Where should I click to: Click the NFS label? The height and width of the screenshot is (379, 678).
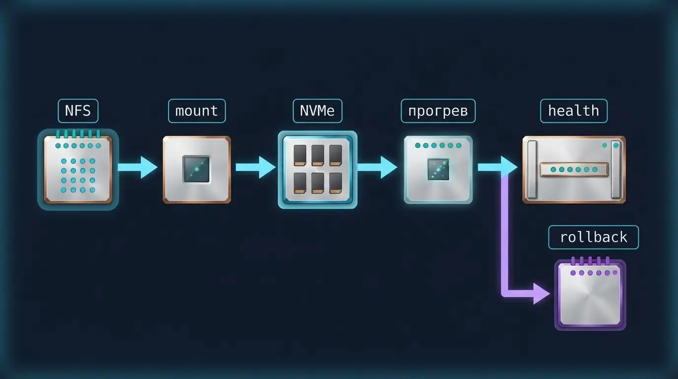78,111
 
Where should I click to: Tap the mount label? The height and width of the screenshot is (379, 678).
197,111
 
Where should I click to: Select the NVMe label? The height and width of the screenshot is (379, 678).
317,111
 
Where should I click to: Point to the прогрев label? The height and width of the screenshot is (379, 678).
438,111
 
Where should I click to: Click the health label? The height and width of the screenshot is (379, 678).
574,111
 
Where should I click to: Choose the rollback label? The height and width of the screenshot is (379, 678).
594,237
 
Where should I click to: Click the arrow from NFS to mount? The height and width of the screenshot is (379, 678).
137,167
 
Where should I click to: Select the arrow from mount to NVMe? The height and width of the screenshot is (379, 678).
255,167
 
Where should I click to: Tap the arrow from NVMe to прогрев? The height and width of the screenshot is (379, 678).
377,167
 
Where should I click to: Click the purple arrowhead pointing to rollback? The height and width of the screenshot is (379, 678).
541,294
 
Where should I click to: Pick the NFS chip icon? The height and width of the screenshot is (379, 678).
78,169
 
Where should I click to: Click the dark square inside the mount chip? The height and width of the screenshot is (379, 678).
197,169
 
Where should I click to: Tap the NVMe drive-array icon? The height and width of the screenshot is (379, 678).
317,169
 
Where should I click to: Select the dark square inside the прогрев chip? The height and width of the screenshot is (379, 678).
438,169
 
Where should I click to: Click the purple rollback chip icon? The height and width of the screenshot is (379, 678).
590,294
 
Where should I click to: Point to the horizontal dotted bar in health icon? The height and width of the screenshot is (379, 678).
574,169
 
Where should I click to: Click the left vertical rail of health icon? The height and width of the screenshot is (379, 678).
533,169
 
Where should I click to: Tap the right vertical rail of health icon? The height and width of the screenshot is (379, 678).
616,169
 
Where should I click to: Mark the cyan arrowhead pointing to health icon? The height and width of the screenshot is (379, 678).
509,167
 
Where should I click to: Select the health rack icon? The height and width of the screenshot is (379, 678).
574,169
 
